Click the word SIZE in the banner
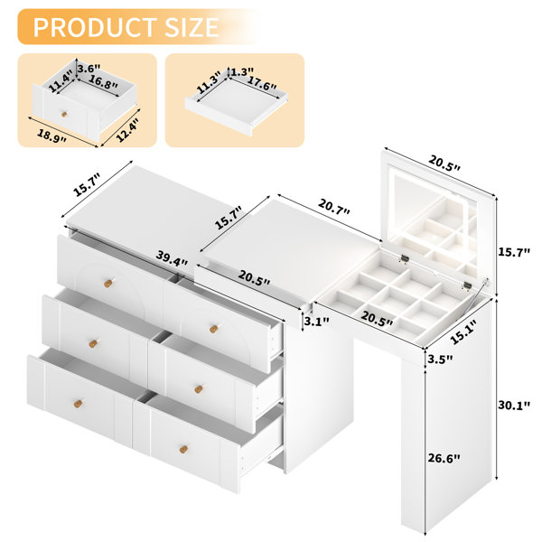pyautogui.click(x=192, y=27)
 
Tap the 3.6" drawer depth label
pyautogui.click(x=89, y=68)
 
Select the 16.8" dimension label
pyautogui.click(x=103, y=82)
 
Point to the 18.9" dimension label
pyautogui.click(x=51, y=135)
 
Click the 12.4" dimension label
pyautogui.click(x=127, y=129)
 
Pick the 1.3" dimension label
pyautogui.click(x=242, y=72)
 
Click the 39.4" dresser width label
pyautogui.click(x=172, y=257)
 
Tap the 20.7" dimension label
pyautogui.click(x=334, y=207)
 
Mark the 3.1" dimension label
pyautogui.click(x=317, y=322)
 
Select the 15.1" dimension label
pyautogui.click(x=463, y=332)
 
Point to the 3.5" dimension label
pyautogui.click(x=440, y=360)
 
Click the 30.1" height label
pyautogui.click(x=514, y=405)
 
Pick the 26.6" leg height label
pyautogui.click(x=444, y=458)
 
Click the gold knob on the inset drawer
pyautogui.click(x=64, y=114)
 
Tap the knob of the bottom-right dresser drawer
pyautogui.click(x=183, y=449)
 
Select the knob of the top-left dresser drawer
pyautogui.click(x=108, y=283)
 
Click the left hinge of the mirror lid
pyautogui.click(x=405, y=258)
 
